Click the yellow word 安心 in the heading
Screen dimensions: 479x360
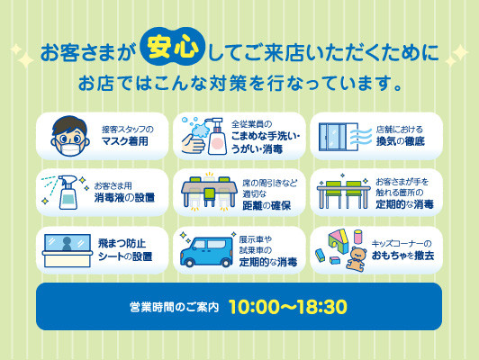pyautogui.click(x=173, y=48)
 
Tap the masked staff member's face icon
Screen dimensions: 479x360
pyautogui.click(x=70, y=136)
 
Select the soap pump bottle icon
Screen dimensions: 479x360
pyautogui.click(x=217, y=136)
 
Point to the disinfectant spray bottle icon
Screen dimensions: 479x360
pyautogui.click(x=68, y=193)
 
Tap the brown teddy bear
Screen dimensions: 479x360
pyautogui.click(x=356, y=258)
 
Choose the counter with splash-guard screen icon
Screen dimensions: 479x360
pyautogui.click(x=68, y=251)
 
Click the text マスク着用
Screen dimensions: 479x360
pyautogui.click(x=124, y=141)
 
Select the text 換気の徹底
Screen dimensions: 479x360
pyautogui.click(x=400, y=141)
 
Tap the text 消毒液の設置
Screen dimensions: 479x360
pyautogui.click(x=124, y=198)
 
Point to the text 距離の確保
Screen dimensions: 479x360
pyautogui.click(x=267, y=205)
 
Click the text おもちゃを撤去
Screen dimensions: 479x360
pyautogui.click(x=402, y=256)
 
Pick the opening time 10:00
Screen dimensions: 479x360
pyautogui.click(x=254, y=307)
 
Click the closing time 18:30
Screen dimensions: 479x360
pyautogui.click(x=322, y=307)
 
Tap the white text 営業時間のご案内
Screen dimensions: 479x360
pyautogui.click(x=174, y=307)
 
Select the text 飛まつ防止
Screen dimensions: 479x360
pyautogui.click(x=122, y=243)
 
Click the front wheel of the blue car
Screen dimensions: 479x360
pyautogui.click(x=188, y=262)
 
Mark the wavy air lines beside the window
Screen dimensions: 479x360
pyautogui.click(x=361, y=137)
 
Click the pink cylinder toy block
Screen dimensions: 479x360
pyautogui.click(x=357, y=237)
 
